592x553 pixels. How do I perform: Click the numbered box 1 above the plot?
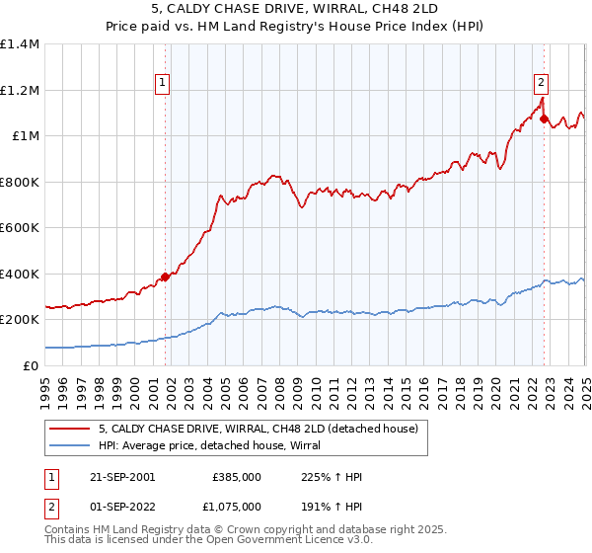(162, 84)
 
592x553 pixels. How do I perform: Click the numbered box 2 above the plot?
(542, 84)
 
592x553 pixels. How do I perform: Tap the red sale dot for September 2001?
(165, 276)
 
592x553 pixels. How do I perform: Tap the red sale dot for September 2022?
(544, 118)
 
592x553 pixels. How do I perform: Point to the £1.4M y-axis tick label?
(20, 44)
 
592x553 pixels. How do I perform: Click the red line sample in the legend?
(71, 429)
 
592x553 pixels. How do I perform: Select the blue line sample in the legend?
(71, 445)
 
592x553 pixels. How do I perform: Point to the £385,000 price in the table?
(237, 477)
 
